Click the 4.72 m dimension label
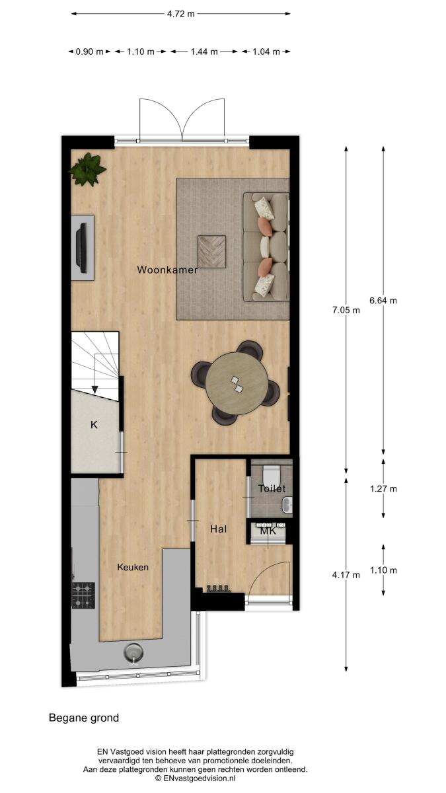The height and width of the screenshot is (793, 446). (180, 14)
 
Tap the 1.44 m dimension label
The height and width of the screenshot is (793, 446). (204, 52)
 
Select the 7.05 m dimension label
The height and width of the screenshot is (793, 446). (346, 311)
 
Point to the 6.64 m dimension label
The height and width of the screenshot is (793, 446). (383, 301)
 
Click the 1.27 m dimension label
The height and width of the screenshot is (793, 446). (383, 489)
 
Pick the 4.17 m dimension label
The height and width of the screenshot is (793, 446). (346, 575)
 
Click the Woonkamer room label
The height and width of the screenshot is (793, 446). (167, 270)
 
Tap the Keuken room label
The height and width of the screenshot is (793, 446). (133, 567)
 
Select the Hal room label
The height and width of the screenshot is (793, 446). (219, 529)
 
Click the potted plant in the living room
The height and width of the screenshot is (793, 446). (87, 169)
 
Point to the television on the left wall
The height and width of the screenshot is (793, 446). (83, 248)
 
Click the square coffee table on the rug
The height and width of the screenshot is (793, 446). (211, 251)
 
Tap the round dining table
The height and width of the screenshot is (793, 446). (237, 383)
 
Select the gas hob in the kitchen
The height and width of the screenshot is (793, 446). (83, 595)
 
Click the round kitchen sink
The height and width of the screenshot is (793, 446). (133, 652)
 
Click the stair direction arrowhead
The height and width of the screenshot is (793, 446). (95, 389)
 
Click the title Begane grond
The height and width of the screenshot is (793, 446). (84, 718)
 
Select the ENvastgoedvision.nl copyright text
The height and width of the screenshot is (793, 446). (195, 778)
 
